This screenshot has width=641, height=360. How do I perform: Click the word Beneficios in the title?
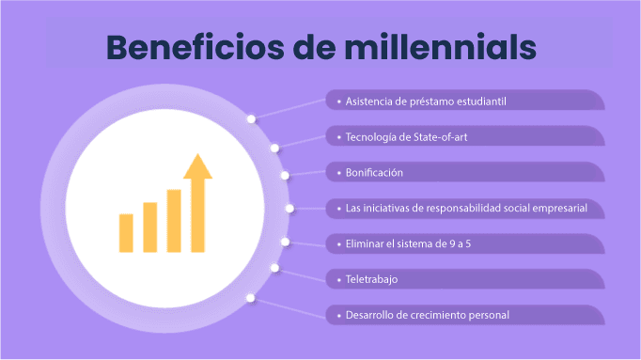click(195, 47)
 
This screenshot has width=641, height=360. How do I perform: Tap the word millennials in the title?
click(440, 47)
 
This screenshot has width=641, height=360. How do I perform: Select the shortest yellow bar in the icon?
click(126, 233)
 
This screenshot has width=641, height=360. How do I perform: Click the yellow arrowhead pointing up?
click(198, 166)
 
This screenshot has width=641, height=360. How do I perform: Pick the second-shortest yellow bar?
click(150, 227)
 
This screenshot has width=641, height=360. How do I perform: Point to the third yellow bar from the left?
click(174, 221)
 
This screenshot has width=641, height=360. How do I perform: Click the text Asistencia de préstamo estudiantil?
click(426, 102)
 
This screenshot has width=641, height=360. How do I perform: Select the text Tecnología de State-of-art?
click(406, 137)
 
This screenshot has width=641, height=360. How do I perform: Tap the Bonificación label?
click(374, 172)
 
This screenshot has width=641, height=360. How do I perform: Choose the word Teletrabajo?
click(371, 279)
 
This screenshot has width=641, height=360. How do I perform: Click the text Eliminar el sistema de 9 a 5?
click(408, 244)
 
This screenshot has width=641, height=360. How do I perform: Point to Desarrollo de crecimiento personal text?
click(428, 315)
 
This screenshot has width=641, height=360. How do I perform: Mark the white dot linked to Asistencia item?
click(251, 119)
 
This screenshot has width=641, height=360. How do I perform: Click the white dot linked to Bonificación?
click(285, 176)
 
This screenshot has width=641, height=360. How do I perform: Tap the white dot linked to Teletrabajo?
click(274, 268)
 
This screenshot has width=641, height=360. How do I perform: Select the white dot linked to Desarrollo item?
click(251, 298)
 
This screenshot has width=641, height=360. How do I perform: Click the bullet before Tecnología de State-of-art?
click(339, 137)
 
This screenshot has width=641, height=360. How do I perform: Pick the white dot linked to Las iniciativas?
click(289, 209)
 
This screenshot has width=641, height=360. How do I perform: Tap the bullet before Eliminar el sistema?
click(339, 244)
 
